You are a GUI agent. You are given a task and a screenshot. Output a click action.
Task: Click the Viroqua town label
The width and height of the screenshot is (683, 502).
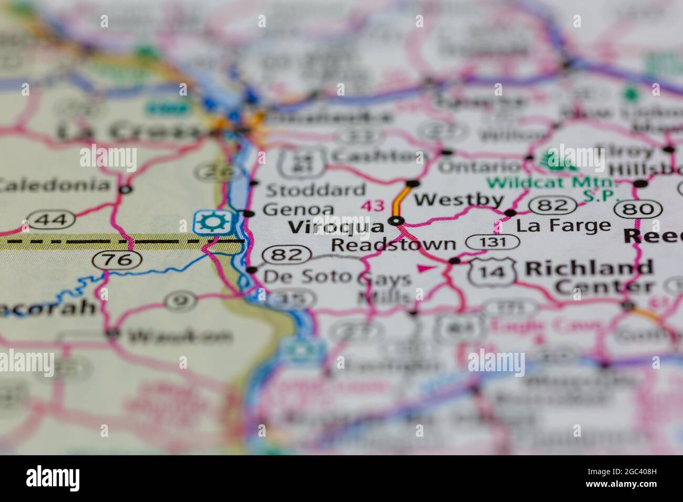[x=337, y=227]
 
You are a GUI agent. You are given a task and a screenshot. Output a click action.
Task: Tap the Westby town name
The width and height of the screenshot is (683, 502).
[x=459, y=200]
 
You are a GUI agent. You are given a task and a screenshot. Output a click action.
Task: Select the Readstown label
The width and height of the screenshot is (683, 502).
[x=394, y=244]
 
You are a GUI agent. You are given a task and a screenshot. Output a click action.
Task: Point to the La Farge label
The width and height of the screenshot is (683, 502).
[x=564, y=226]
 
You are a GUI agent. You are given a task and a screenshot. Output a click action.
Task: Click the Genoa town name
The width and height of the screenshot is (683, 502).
[x=298, y=210]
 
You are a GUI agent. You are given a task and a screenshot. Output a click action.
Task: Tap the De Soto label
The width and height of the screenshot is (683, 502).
[x=307, y=276]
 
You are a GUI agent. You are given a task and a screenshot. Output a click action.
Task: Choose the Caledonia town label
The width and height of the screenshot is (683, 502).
[x=55, y=185]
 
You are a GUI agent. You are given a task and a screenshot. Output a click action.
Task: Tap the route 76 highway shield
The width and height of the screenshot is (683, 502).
[x=116, y=259]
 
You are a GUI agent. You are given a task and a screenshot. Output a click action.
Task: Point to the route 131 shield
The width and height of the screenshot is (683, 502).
[x=492, y=242]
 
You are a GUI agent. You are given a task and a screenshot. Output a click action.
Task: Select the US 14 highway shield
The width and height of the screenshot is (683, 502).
[x=493, y=271]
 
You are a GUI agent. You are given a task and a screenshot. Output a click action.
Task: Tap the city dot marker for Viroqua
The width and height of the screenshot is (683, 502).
[x=397, y=221]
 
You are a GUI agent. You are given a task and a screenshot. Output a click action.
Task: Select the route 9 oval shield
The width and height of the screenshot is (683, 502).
[x=180, y=301]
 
